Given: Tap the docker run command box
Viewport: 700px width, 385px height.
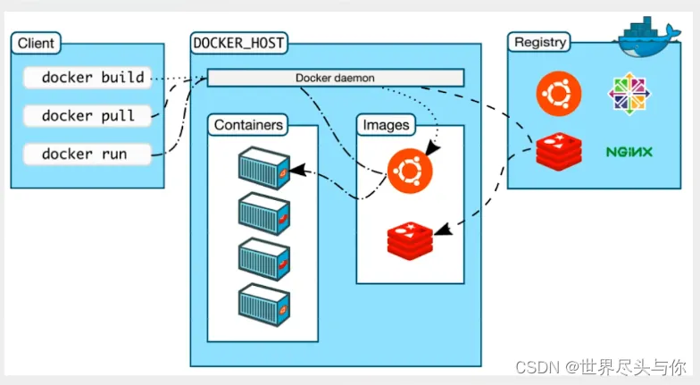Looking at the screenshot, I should coord(86,154).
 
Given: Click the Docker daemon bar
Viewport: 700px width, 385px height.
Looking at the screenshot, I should coord(335,78).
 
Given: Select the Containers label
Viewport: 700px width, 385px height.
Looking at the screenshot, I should coord(249,125).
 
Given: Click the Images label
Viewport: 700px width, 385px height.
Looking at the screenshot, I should coord(386,125).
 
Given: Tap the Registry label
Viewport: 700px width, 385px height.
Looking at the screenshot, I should coord(540,42).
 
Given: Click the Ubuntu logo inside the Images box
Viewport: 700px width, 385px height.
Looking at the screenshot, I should coord(410,168).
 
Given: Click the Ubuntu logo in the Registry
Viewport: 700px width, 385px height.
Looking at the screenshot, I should coord(559,93).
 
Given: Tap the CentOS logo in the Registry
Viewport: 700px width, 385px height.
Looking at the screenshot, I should coord(630,93).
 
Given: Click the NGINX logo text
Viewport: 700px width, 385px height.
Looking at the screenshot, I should coord(629,152).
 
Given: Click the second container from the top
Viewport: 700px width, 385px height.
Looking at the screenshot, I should coord(264,213).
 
